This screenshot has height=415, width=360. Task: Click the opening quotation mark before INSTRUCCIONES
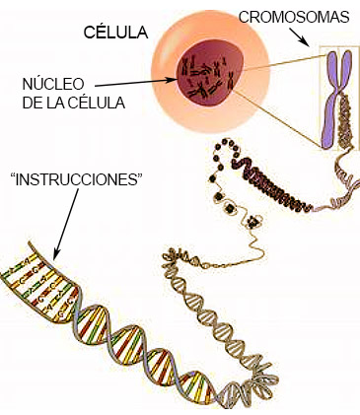[x=12, y=177]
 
